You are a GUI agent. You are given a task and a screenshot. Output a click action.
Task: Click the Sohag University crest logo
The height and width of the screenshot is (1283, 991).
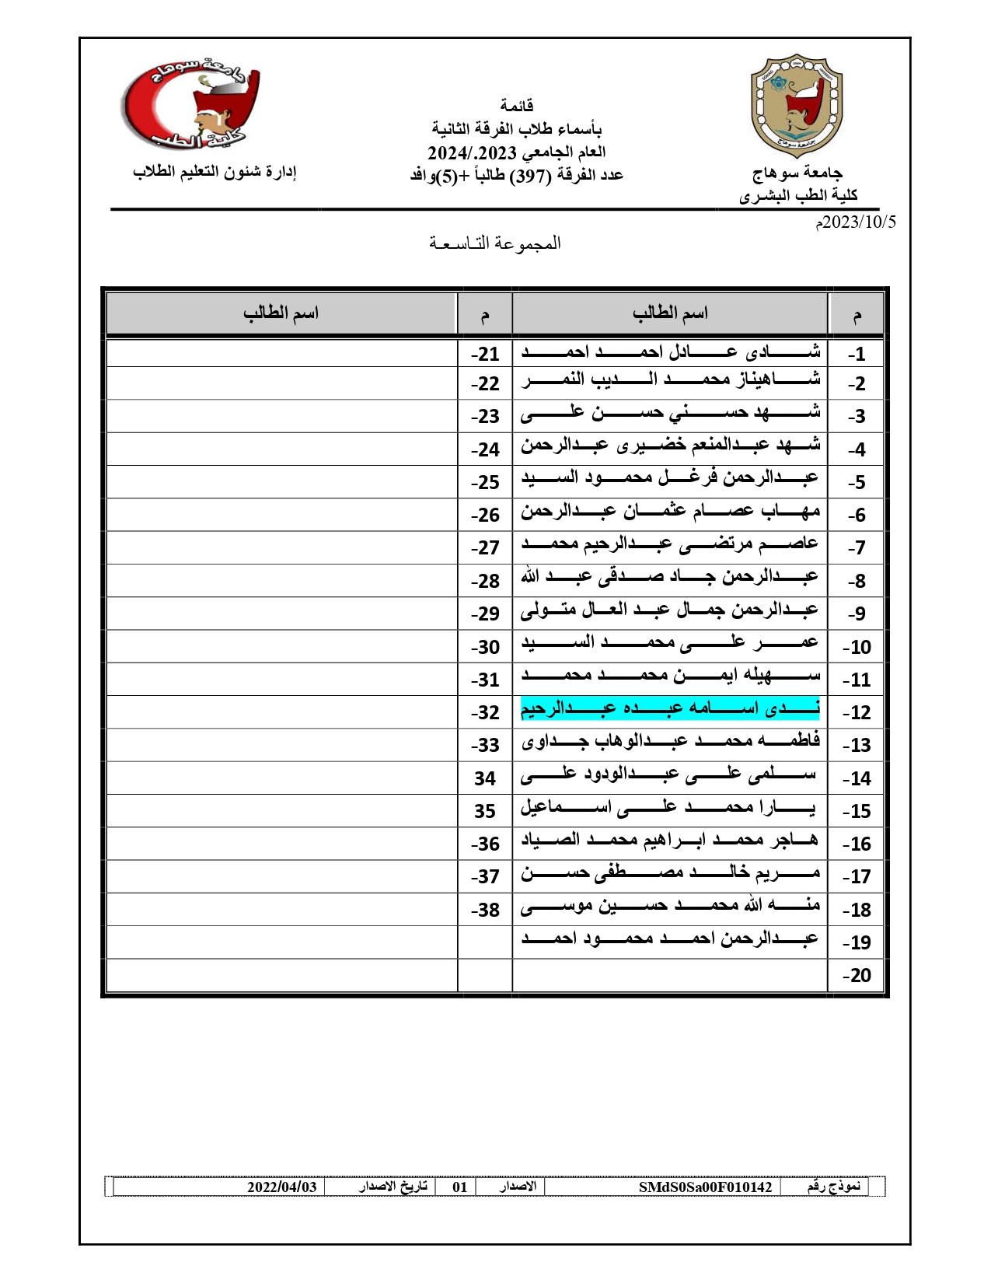tap(797, 106)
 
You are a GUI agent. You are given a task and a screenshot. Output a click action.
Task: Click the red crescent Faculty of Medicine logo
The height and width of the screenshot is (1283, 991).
tap(190, 106)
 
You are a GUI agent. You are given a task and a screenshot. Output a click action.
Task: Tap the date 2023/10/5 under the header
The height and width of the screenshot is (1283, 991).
tap(856, 222)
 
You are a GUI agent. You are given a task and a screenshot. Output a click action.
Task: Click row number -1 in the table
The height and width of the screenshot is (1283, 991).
tap(857, 354)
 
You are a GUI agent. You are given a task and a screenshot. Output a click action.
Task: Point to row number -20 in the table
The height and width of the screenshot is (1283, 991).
tap(857, 975)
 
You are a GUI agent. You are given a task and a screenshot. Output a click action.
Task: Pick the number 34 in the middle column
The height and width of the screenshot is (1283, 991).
tap(484, 778)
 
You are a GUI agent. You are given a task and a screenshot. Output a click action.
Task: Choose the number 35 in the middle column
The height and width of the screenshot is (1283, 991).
tap(484, 811)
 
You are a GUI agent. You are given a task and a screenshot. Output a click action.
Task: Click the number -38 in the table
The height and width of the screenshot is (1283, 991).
tap(484, 910)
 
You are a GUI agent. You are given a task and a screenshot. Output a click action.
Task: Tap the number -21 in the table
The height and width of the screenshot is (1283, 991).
tap(484, 354)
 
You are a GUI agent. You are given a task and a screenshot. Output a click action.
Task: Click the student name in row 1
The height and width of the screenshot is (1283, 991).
tap(670, 352)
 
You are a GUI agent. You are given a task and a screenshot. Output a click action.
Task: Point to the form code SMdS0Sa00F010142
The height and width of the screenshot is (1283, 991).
tap(705, 1187)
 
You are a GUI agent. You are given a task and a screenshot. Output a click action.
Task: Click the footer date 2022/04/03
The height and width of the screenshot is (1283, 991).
tap(281, 1187)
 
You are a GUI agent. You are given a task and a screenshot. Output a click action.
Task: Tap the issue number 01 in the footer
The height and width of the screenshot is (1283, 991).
tap(459, 1187)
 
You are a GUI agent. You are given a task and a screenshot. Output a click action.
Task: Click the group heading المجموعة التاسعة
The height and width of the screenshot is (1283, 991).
tap(495, 243)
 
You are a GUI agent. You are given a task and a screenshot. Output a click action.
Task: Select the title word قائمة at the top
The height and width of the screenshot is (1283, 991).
tap(516, 105)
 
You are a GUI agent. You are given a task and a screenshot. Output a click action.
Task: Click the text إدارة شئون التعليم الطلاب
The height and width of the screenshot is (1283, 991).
tap(215, 172)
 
